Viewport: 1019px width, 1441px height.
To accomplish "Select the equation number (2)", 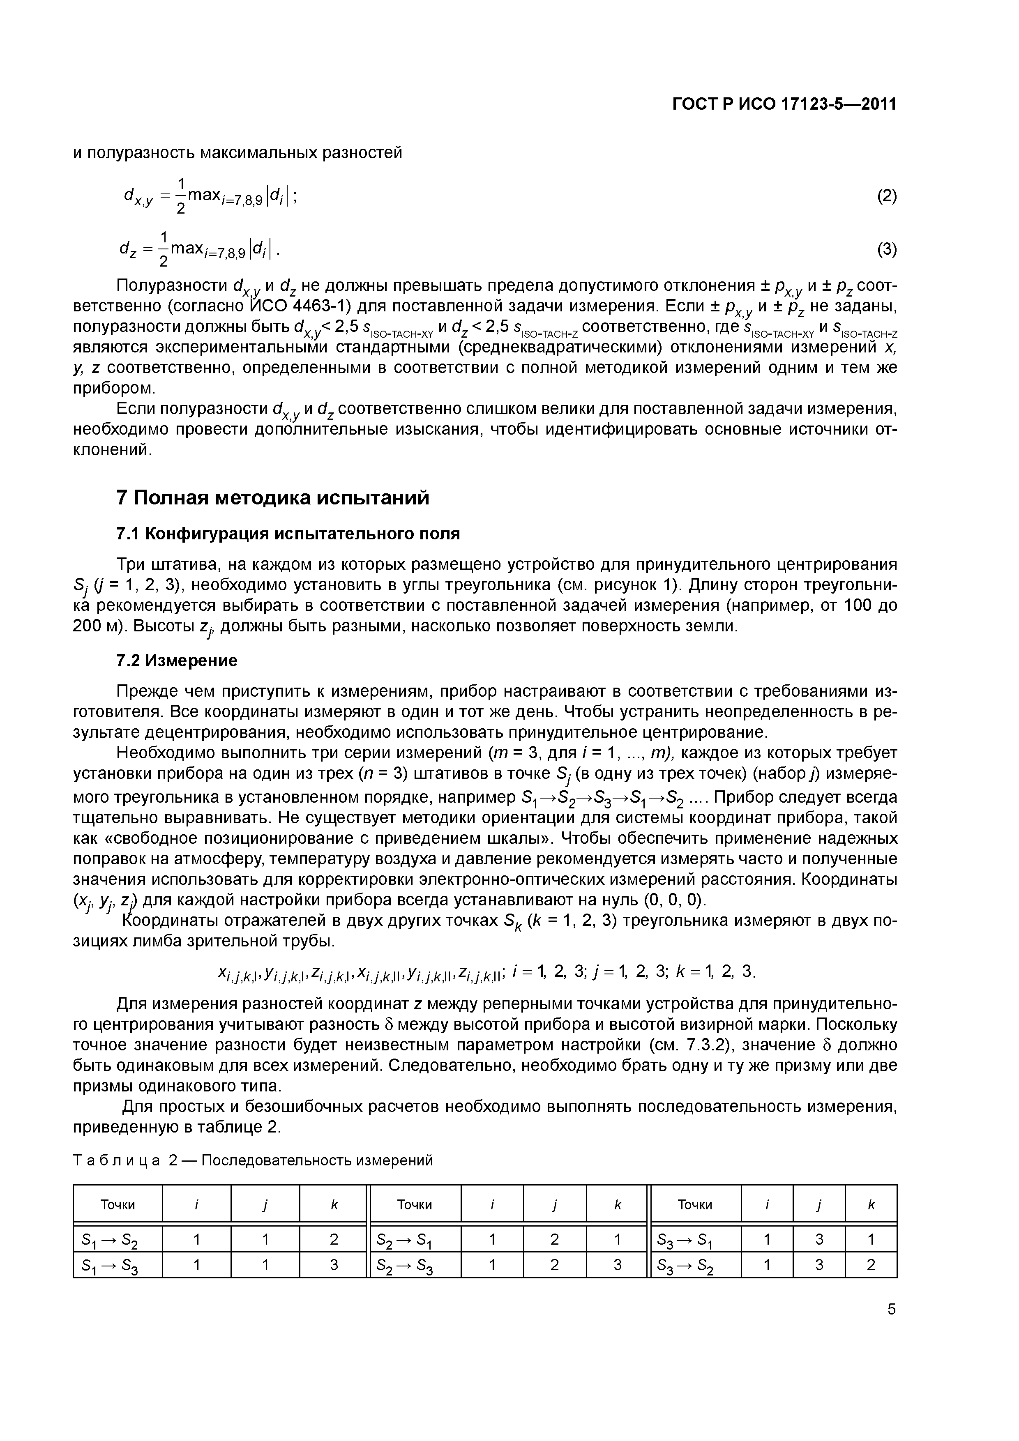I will pyautogui.click(x=887, y=196).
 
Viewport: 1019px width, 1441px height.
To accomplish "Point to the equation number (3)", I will pyautogui.click(x=887, y=250).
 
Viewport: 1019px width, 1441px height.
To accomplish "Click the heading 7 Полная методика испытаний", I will pyautogui.click(x=273, y=498).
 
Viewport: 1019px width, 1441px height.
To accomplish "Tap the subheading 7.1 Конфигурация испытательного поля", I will pyautogui.click(x=288, y=534).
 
